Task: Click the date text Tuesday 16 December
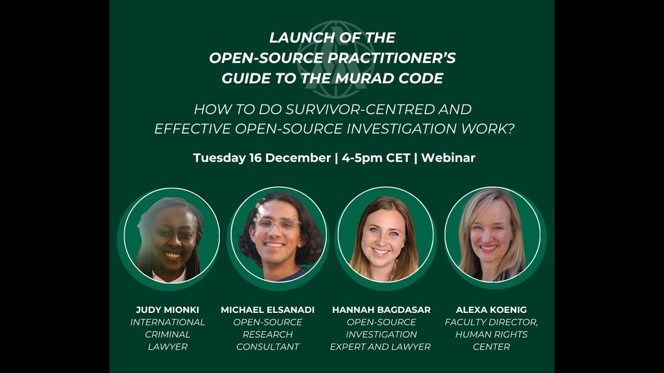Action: point(262,158)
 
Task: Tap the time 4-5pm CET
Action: point(376,158)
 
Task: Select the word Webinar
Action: point(448,158)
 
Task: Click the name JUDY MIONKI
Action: point(168,310)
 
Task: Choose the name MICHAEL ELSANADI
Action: point(268,310)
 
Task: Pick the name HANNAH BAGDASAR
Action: point(381,310)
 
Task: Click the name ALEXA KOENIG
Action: point(491,310)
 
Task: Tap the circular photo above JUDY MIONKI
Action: point(172,235)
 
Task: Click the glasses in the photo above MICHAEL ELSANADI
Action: point(278,224)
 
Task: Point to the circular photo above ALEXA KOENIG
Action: point(492,235)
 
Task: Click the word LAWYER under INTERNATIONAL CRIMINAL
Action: point(168,347)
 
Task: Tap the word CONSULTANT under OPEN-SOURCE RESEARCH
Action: point(268,347)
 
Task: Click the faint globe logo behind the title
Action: point(336,60)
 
